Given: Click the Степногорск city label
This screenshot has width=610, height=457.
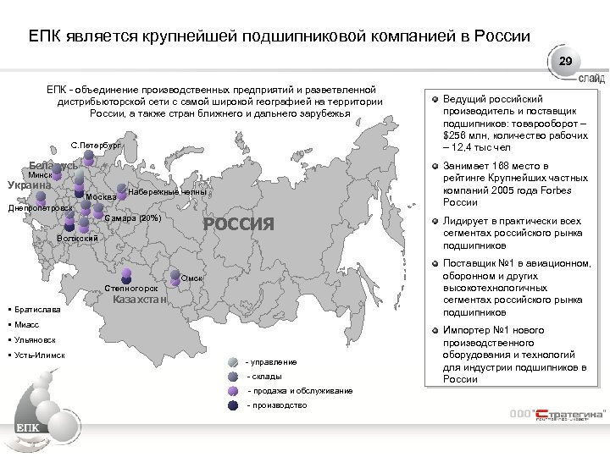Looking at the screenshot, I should point(131,288).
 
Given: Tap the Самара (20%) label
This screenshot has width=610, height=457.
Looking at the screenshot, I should point(134,219).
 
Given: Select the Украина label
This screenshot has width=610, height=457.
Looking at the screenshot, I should point(30,185).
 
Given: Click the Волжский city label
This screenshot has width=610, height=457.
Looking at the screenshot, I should point(77,238).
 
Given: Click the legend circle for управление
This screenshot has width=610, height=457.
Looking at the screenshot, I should point(233,362).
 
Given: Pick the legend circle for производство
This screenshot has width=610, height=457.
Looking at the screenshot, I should point(233,406).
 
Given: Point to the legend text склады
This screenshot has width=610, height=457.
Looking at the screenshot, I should point(264,377).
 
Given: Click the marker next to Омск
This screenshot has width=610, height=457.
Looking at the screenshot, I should point(174,274).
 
